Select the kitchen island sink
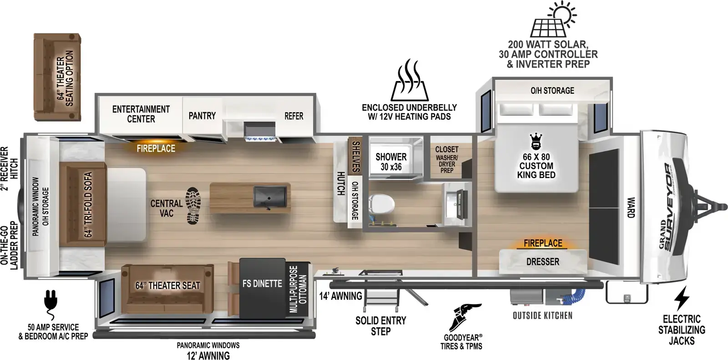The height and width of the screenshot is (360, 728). (x=270, y=197)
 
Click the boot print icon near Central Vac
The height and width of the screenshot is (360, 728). (x=193, y=206)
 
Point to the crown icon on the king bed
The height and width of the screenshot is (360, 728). (x=535, y=142)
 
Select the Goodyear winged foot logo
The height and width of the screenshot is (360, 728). (x=464, y=317)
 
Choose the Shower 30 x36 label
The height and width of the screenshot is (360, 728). (x=391, y=162)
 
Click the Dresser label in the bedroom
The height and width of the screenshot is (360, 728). (x=543, y=261)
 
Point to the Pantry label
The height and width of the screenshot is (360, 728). (x=202, y=116)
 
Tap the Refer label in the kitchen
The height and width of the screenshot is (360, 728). (x=294, y=116)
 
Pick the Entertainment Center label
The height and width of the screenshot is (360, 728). (x=141, y=114)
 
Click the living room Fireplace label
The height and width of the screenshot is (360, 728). (x=156, y=149)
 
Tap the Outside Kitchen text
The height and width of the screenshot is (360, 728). (x=542, y=315)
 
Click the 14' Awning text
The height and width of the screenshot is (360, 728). (x=341, y=296)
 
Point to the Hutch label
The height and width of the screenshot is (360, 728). (x=340, y=184)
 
